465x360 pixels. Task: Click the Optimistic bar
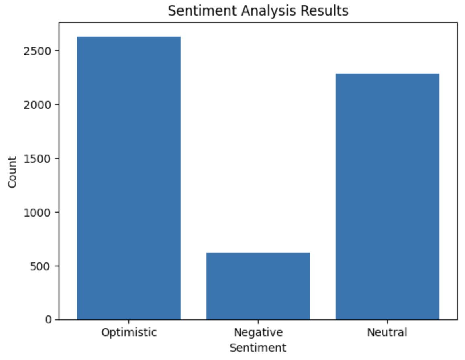(x=129, y=178)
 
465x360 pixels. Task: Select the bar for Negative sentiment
(x=258, y=286)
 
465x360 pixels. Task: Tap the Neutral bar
(x=387, y=196)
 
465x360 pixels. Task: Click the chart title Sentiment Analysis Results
(x=258, y=11)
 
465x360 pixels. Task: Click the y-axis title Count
(x=12, y=172)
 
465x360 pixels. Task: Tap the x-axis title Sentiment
(x=258, y=348)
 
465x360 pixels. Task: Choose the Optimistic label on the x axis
(x=129, y=333)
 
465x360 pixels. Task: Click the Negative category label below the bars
(x=258, y=333)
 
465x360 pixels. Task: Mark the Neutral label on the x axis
(x=387, y=333)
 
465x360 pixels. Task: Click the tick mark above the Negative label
(x=258, y=321)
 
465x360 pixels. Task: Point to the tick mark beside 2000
(x=57, y=105)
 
